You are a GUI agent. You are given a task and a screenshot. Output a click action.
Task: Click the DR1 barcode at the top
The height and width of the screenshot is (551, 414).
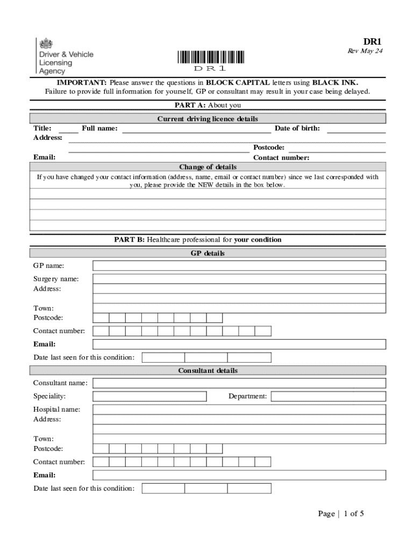[x=210, y=57]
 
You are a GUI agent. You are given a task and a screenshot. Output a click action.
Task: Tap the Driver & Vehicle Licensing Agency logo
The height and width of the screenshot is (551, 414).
[x=65, y=56]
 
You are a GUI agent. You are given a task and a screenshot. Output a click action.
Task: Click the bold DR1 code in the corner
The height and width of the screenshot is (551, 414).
[x=372, y=41]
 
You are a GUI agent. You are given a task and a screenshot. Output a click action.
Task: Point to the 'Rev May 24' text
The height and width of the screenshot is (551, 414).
[x=365, y=51]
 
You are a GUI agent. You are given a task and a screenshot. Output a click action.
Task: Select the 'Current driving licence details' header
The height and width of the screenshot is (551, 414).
[x=208, y=119]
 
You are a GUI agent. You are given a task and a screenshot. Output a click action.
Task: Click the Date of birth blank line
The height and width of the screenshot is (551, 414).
[x=356, y=129]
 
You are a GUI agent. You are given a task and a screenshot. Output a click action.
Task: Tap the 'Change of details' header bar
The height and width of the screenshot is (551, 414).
[x=208, y=167]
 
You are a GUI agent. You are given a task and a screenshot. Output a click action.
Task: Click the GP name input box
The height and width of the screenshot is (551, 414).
[x=239, y=266]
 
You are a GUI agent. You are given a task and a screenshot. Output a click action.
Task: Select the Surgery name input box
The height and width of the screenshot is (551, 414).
[x=239, y=279]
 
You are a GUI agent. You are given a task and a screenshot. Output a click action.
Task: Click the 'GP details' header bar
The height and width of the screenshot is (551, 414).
[x=208, y=253]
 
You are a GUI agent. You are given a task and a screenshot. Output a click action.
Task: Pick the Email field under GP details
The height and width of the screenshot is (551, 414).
[x=239, y=344]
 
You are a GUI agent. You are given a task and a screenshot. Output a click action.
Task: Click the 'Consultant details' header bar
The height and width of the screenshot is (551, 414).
[x=208, y=371]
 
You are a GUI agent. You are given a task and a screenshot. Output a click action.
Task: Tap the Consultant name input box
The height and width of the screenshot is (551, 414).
[x=239, y=383]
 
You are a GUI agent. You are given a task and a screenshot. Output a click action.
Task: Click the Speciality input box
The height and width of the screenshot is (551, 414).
[x=149, y=397]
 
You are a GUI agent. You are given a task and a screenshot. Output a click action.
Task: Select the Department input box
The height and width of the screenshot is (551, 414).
[x=328, y=397]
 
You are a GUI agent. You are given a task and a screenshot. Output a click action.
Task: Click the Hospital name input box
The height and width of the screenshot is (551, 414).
[x=239, y=409]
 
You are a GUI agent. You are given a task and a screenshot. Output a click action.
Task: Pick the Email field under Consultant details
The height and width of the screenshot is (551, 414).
[x=239, y=475]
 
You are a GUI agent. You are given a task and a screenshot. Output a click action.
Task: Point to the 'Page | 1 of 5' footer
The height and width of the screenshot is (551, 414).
[x=341, y=514]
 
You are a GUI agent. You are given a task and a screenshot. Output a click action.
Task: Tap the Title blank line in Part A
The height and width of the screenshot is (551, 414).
[x=68, y=129]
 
